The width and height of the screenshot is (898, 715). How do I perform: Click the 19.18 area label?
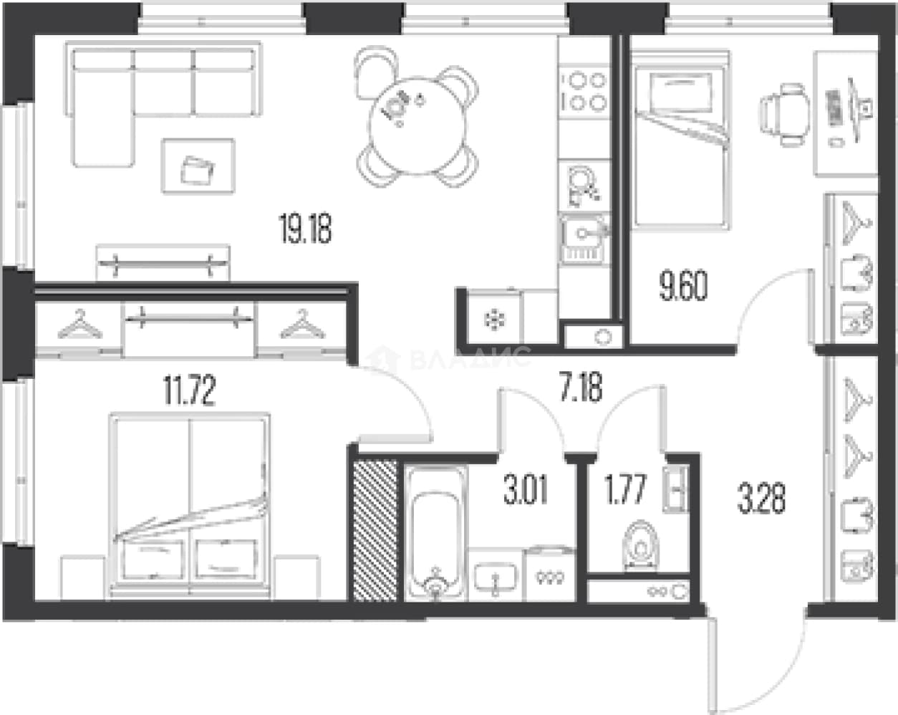tap(305, 228)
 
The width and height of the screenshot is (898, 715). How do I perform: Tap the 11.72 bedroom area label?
tap(190, 390)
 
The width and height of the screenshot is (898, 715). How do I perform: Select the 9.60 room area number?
tap(683, 286)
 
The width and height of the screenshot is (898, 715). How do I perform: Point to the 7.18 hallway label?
tap(581, 386)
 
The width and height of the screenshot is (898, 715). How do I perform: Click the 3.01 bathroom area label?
tap(526, 489)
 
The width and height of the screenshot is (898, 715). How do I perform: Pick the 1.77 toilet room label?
tap(624, 489)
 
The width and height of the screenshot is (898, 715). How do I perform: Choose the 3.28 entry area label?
tap(761, 497)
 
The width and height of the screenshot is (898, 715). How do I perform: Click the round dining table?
tap(417, 125)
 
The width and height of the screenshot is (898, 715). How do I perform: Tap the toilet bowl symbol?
tap(640, 546)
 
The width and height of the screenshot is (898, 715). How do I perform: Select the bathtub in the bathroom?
tap(435, 533)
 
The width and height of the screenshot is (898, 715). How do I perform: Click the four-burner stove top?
tap(584, 92)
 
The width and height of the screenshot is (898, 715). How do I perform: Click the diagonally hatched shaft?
tap(375, 530)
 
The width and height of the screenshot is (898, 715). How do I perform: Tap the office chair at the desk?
tap(783, 115)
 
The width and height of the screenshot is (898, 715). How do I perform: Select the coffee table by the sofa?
tap(198, 166)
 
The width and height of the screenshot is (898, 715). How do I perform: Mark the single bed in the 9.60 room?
tap(681, 140)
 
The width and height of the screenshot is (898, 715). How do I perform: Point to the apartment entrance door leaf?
tap(713, 665)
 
